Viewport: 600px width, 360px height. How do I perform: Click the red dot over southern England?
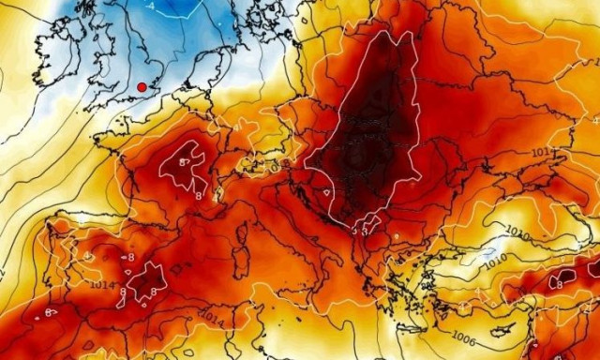point(142,87)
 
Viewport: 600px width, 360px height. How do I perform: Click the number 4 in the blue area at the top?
point(151,6)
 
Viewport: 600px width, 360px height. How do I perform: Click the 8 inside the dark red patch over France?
point(185,162)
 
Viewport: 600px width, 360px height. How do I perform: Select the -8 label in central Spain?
point(128,256)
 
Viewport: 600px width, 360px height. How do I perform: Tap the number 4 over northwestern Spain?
point(86,254)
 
